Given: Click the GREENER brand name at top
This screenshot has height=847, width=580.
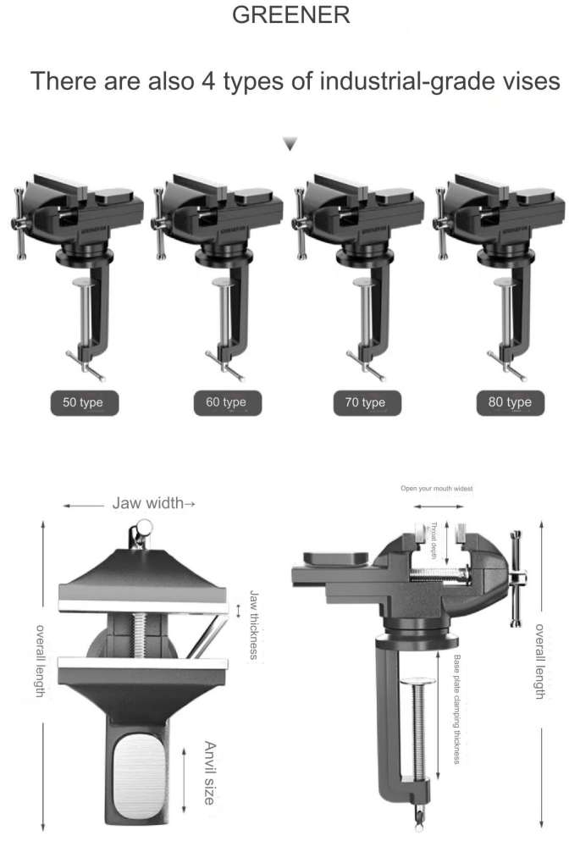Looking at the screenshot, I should [290, 15].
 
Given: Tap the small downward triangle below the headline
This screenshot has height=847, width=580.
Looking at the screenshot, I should [290, 146].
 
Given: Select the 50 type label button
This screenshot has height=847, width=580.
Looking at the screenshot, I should [83, 402].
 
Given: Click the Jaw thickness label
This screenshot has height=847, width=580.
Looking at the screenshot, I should [253, 624].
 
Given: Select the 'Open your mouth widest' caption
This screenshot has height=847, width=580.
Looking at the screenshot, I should [437, 489].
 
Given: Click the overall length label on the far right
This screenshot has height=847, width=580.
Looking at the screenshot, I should [539, 662].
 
